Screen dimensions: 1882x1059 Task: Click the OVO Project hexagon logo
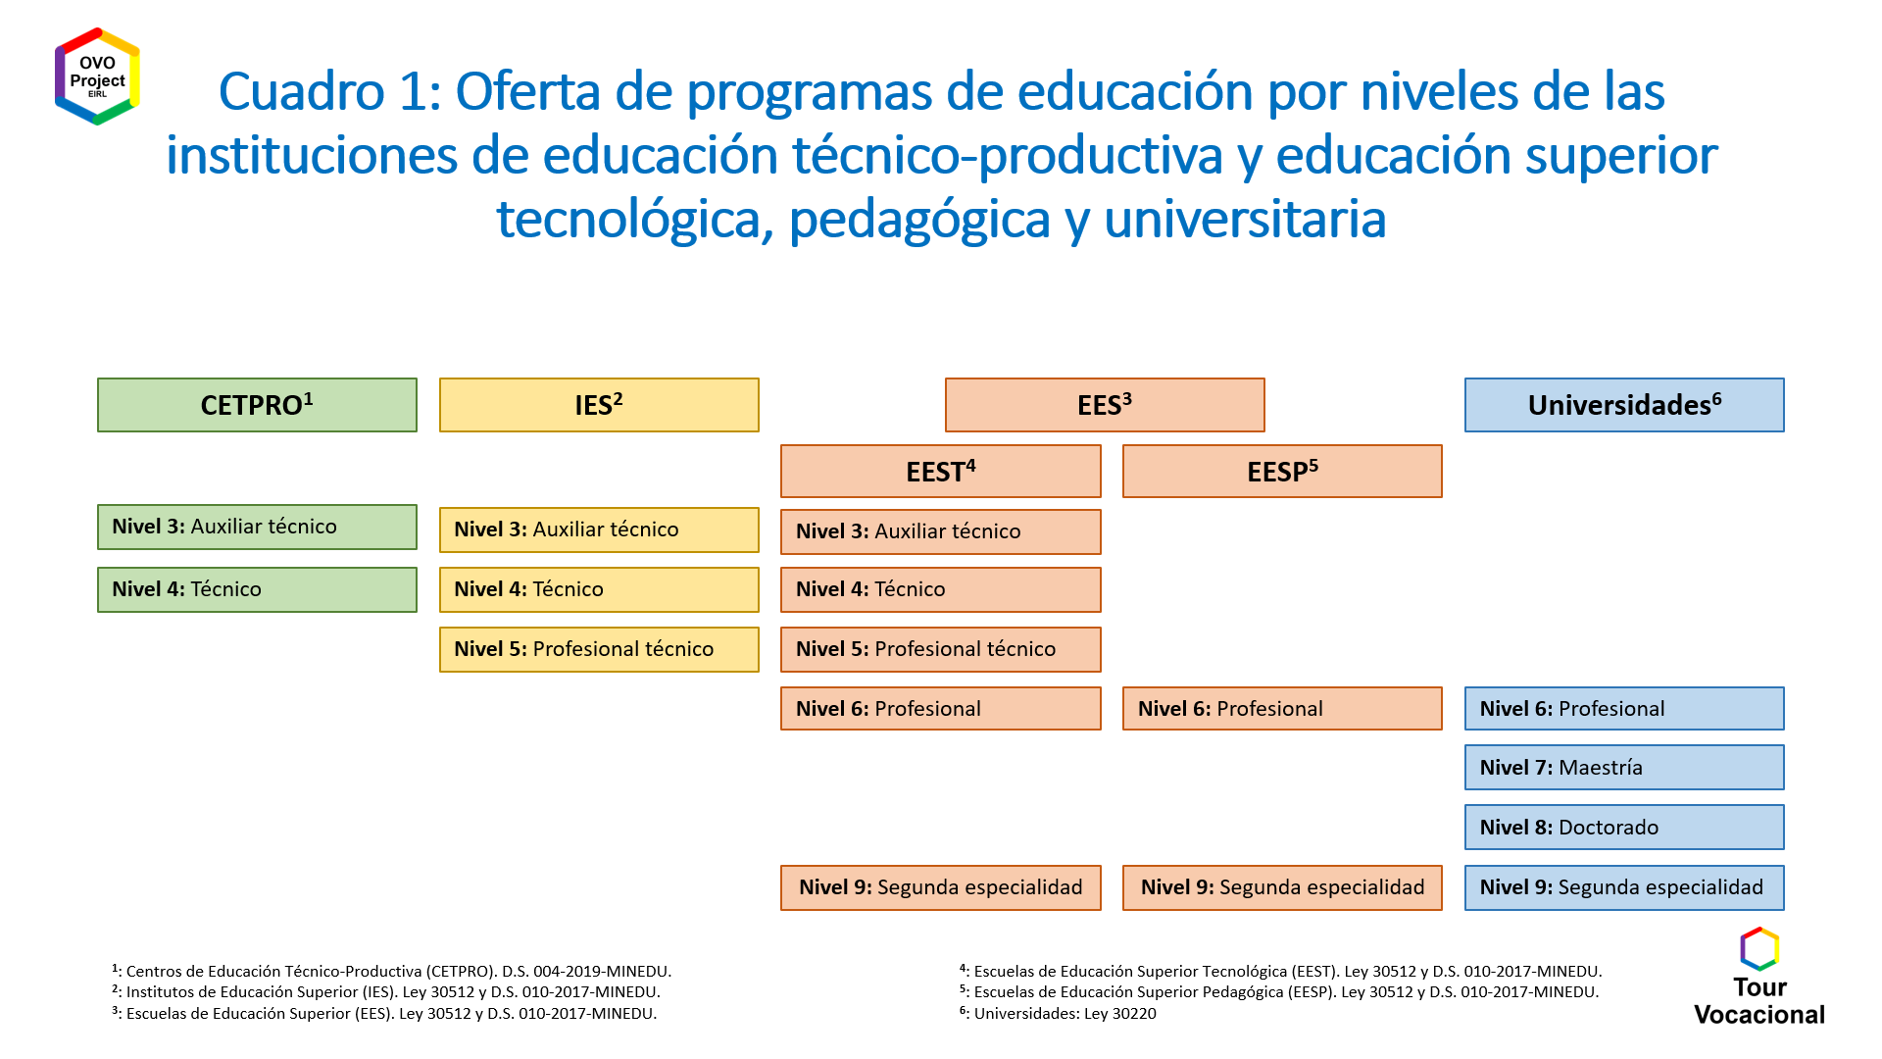pyautogui.click(x=97, y=76)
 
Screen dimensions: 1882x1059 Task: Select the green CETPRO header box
pyautogui.click(x=257, y=405)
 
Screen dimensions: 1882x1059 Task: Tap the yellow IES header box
pyautogui.click(x=599, y=405)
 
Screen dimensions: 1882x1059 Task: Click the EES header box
pyautogui.click(x=1105, y=405)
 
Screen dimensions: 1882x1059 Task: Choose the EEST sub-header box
pyautogui.click(x=941, y=472)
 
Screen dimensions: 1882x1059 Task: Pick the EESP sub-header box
pyautogui.click(x=1282, y=472)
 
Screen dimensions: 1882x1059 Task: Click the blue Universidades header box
pyautogui.click(x=1624, y=405)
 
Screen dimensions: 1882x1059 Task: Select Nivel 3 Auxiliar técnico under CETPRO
pyautogui.click(x=257, y=527)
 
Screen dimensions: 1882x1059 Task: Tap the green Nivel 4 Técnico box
pyautogui.click(x=257, y=589)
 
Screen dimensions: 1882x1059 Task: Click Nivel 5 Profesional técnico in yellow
pyautogui.click(x=599, y=649)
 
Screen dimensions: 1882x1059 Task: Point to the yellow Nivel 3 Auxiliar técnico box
pyautogui.click(x=599, y=529)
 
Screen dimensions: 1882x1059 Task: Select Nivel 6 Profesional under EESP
pyautogui.click(x=1282, y=708)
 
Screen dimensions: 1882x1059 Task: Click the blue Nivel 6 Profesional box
pyautogui.click(x=1624, y=708)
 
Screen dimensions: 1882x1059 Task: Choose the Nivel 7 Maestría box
pyautogui.click(x=1624, y=767)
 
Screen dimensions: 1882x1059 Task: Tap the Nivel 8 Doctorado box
pyautogui.click(x=1624, y=827)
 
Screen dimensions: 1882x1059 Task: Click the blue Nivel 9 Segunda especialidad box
pyautogui.click(x=1624, y=887)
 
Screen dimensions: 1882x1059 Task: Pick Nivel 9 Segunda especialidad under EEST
pyautogui.click(x=941, y=887)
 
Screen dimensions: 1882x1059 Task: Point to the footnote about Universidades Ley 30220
pyautogui.click(x=1058, y=1013)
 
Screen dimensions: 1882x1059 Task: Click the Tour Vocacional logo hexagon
pyautogui.click(x=1759, y=949)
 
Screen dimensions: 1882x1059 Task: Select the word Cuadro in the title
pyautogui.click(x=302, y=91)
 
